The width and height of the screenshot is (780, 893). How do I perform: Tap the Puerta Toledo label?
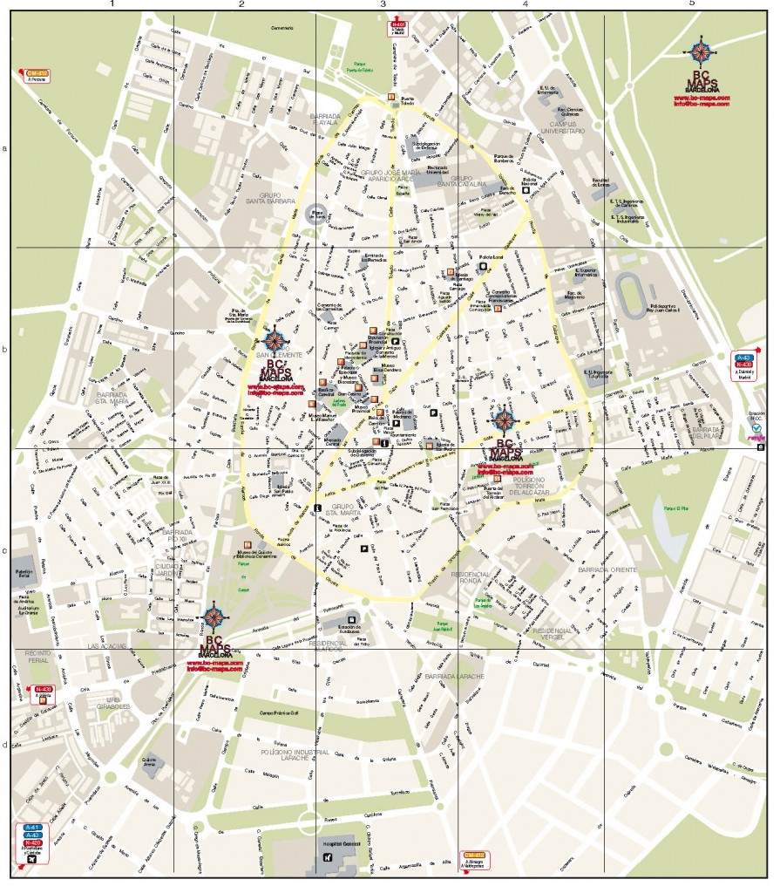[406, 104]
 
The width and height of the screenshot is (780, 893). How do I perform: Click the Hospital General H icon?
[327, 857]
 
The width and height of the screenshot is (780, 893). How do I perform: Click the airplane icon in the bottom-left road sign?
[32, 858]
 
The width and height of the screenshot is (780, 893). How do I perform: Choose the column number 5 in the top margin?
[691, 5]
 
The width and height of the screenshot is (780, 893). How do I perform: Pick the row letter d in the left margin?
[4, 744]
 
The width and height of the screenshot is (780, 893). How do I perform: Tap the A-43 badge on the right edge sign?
[744, 358]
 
